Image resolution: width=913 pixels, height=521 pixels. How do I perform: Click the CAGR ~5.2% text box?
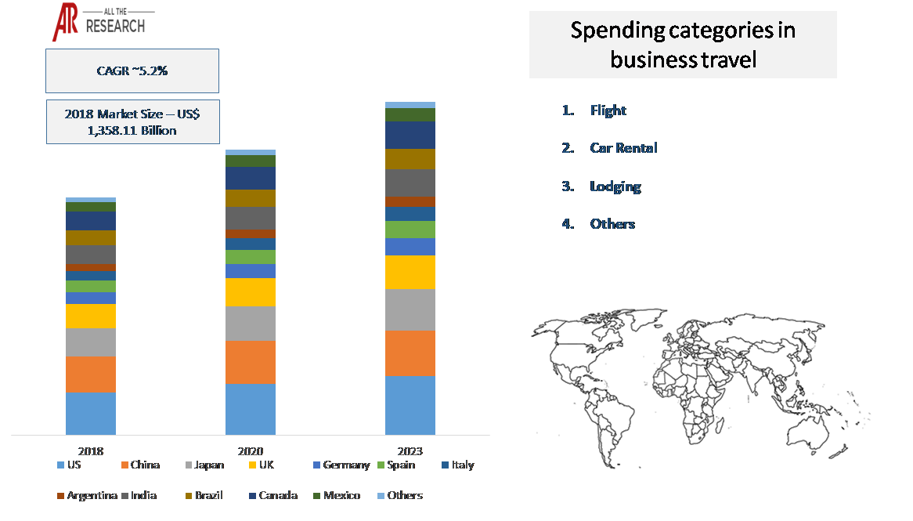pyautogui.click(x=132, y=71)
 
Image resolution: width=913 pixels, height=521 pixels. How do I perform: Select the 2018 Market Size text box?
pyautogui.click(x=132, y=121)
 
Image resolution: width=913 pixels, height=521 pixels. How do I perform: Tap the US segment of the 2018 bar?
pyautogui.click(x=91, y=413)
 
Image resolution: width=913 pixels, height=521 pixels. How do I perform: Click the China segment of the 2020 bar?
pyautogui.click(x=251, y=362)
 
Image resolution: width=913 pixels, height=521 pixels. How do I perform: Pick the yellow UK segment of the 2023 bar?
pyautogui.click(x=410, y=272)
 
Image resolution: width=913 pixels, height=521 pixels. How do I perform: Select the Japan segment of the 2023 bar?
pyautogui.click(x=410, y=309)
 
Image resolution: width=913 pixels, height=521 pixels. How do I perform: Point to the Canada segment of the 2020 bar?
pyautogui.click(x=251, y=178)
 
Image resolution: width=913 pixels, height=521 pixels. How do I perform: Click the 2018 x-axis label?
pyautogui.click(x=91, y=451)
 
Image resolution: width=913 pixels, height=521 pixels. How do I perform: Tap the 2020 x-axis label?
pyautogui.click(x=251, y=451)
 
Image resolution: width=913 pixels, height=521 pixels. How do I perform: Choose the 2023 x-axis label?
pyautogui.click(x=410, y=451)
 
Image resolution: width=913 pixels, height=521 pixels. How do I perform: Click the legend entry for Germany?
pyautogui.click(x=340, y=465)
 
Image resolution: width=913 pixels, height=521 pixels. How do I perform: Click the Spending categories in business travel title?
pyautogui.click(x=683, y=45)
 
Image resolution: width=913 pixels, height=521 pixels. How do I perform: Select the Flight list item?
pyautogui.click(x=608, y=110)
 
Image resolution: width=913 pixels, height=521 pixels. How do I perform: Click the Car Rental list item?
pyautogui.click(x=623, y=148)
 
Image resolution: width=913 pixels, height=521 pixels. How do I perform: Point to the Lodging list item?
pyautogui.click(x=615, y=186)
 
